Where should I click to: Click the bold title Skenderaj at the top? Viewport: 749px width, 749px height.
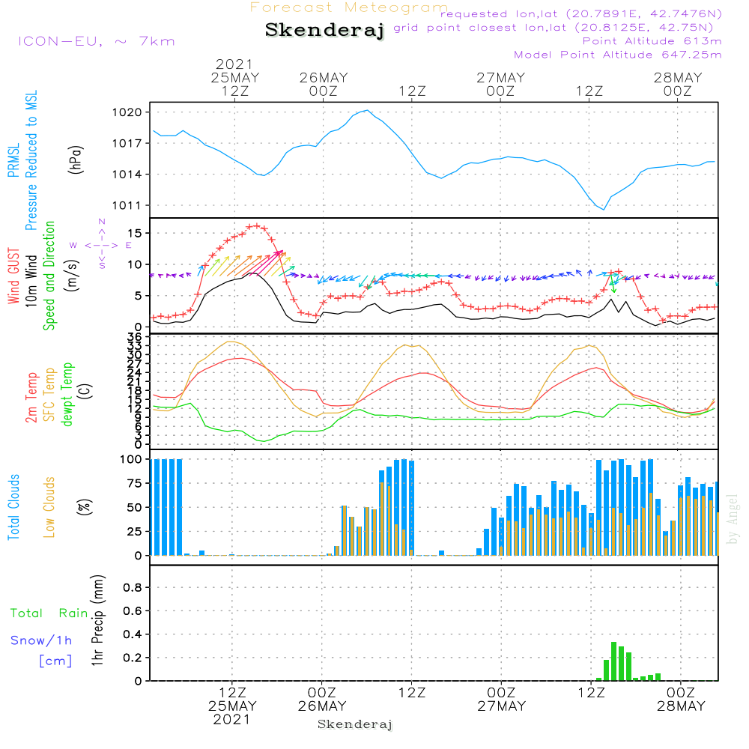(x=324, y=30)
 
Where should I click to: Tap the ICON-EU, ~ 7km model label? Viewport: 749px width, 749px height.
(x=96, y=41)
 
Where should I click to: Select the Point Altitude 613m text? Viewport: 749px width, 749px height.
(x=652, y=41)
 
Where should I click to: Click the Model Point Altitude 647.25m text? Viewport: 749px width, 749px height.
(x=617, y=55)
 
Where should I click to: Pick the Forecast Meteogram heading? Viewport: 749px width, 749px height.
(x=349, y=7)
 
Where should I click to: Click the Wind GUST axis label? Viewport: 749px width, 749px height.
(x=13, y=277)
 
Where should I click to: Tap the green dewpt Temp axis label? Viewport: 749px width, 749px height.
(x=68, y=395)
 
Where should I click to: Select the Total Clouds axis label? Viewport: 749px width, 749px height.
(x=13, y=507)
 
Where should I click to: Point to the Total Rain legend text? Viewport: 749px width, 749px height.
(x=49, y=613)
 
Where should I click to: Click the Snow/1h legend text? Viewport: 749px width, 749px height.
(x=42, y=641)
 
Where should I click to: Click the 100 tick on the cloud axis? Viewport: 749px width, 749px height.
(x=132, y=459)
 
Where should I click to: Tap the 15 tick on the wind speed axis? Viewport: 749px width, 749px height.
(x=135, y=234)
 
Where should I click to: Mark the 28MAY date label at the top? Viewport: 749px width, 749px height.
(x=677, y=78)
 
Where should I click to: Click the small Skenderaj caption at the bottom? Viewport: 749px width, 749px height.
(x=355, y=724)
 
